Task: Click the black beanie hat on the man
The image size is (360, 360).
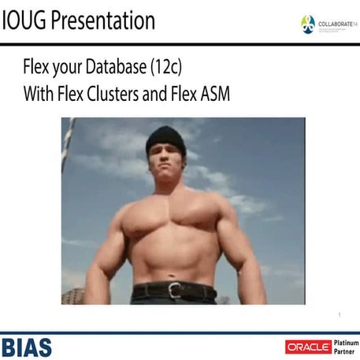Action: click(x=165, y=140)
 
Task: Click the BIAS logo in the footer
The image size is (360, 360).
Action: click(x=27, y=346)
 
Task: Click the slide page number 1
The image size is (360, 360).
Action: click(x=338, y=316)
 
